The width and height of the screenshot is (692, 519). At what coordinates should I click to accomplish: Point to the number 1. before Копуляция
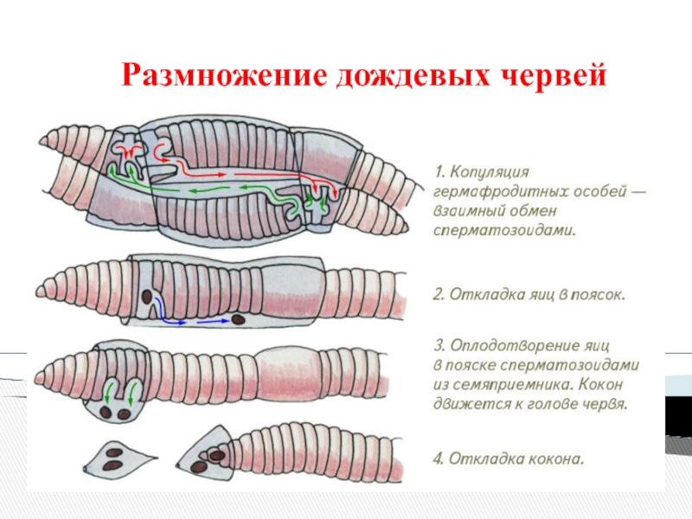point(439,172)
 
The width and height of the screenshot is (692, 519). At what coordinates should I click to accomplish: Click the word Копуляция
point(493,172)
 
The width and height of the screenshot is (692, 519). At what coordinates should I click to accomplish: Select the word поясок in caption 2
point(597,294)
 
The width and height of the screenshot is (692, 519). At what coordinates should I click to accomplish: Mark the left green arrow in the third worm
point(107,394)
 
